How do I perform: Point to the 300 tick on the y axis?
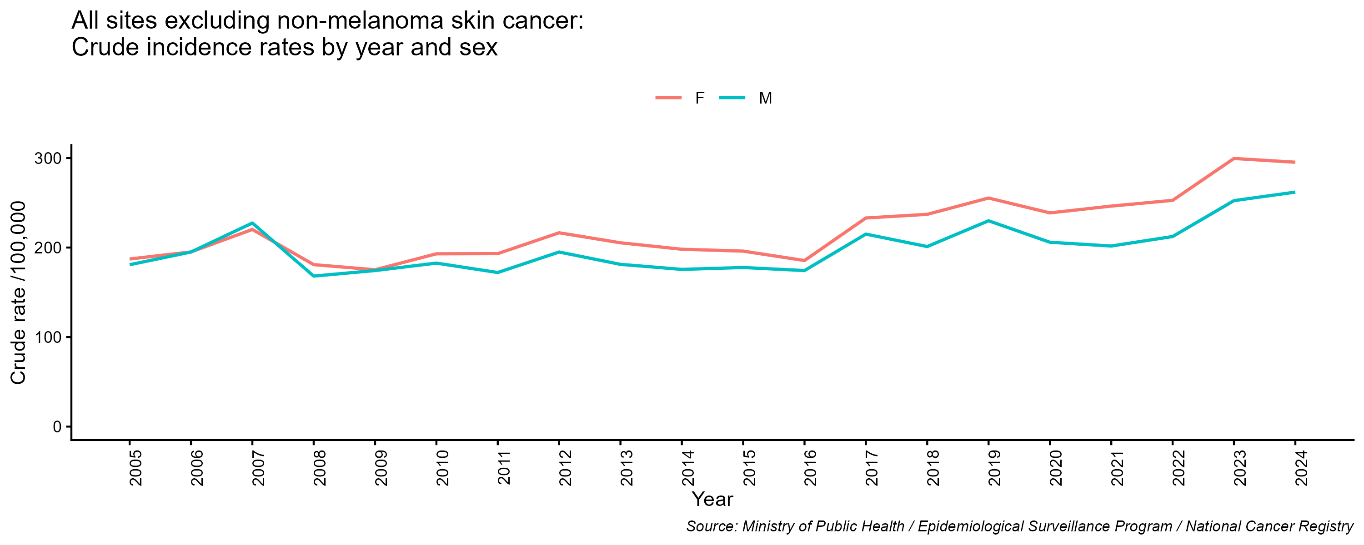click(48, 158)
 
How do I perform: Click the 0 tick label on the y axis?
click(57, 426)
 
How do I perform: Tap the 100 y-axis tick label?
click(48, 337)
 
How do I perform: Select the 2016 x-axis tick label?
click(811, 468)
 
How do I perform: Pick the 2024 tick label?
click(1301, 468)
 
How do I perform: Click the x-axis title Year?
click(712, 499)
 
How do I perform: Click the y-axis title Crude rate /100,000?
click(19, 292)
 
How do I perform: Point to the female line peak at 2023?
click(1234, 158)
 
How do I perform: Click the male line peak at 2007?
click(253, 223)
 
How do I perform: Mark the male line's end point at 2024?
click(1294, 192)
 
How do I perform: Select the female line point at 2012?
click(559, 233)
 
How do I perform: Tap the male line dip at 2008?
click(314, 276)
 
